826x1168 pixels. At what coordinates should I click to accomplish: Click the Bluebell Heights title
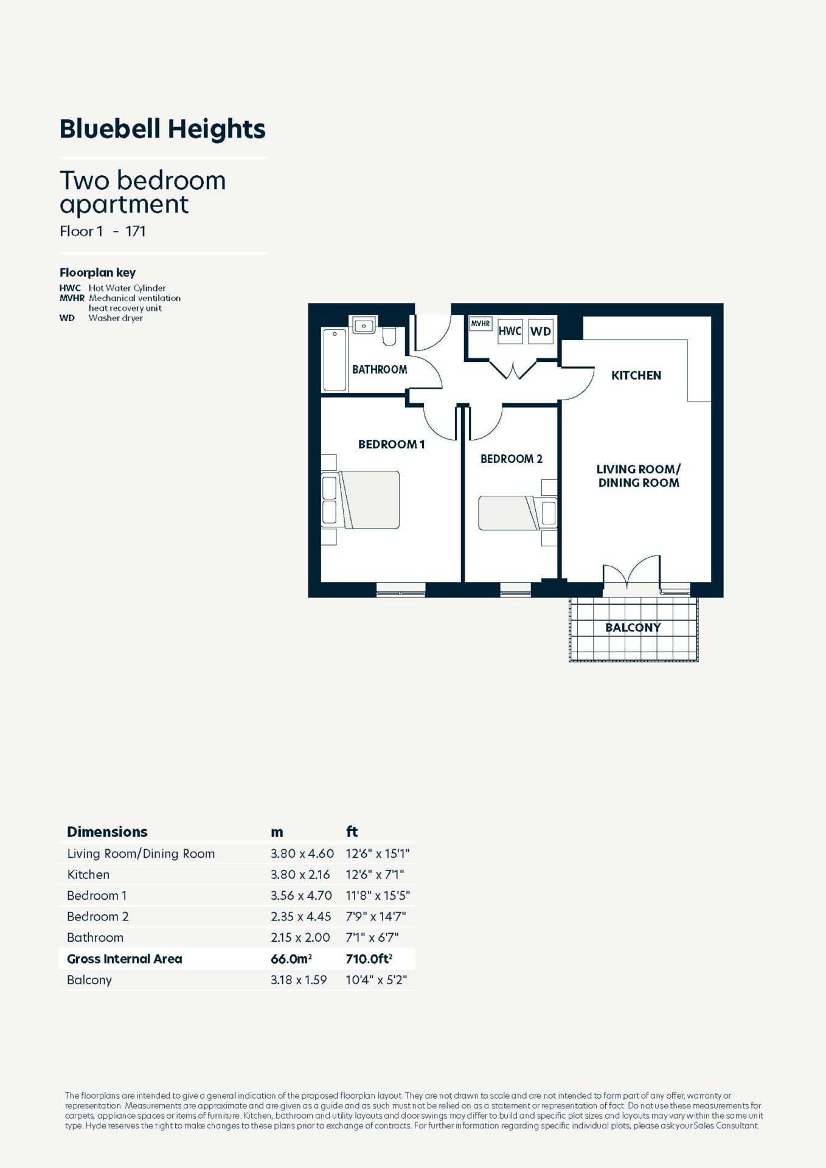(x=162, y=129)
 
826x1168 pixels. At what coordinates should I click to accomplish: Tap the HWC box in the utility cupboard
(x=510, y=331)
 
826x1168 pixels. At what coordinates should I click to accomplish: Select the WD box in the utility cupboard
(x=541, y=331)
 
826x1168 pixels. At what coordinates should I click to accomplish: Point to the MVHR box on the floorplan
(x=481, y=324)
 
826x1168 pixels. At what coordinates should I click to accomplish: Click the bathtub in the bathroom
(x=335, y=360)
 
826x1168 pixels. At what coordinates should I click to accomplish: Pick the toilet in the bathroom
(x=389, y=336)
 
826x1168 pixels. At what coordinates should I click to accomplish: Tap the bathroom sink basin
(x=364, y=325)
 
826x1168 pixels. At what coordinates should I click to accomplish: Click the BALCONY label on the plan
(x=633, y=627)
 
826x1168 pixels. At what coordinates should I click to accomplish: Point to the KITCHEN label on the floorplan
(x=636, y=375)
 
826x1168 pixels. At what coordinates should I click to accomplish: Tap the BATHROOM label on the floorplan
(x=380, y=369)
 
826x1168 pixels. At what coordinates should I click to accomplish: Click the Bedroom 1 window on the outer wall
(x=401, y=589)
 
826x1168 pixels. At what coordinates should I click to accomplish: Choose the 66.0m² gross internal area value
(x=291, y=959)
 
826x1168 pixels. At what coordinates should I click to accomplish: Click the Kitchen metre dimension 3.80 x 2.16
(x=300, y=875)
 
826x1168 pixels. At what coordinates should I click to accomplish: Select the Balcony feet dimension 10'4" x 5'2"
(x=377, y=980)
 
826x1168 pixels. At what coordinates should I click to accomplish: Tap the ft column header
(x=352, y=832)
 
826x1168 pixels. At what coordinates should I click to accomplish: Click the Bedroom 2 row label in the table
(x=98, y=917)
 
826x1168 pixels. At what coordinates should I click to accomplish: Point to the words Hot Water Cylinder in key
(x=127, y=288)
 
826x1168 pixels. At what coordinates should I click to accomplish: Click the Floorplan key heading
(x=97, y=273)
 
